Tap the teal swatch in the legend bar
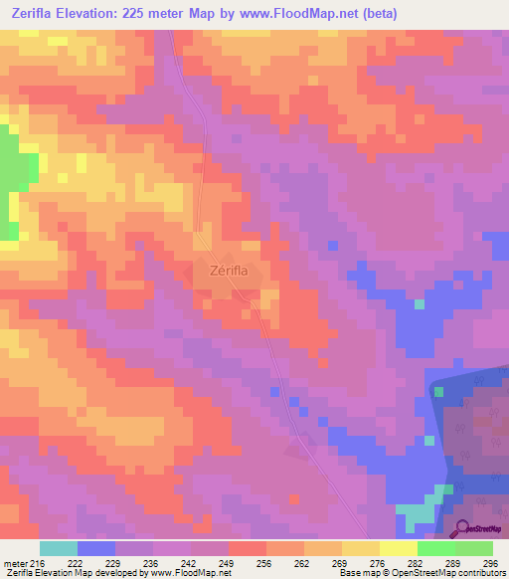58,548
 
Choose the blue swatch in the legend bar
95,548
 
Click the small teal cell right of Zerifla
420,303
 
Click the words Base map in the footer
357,574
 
